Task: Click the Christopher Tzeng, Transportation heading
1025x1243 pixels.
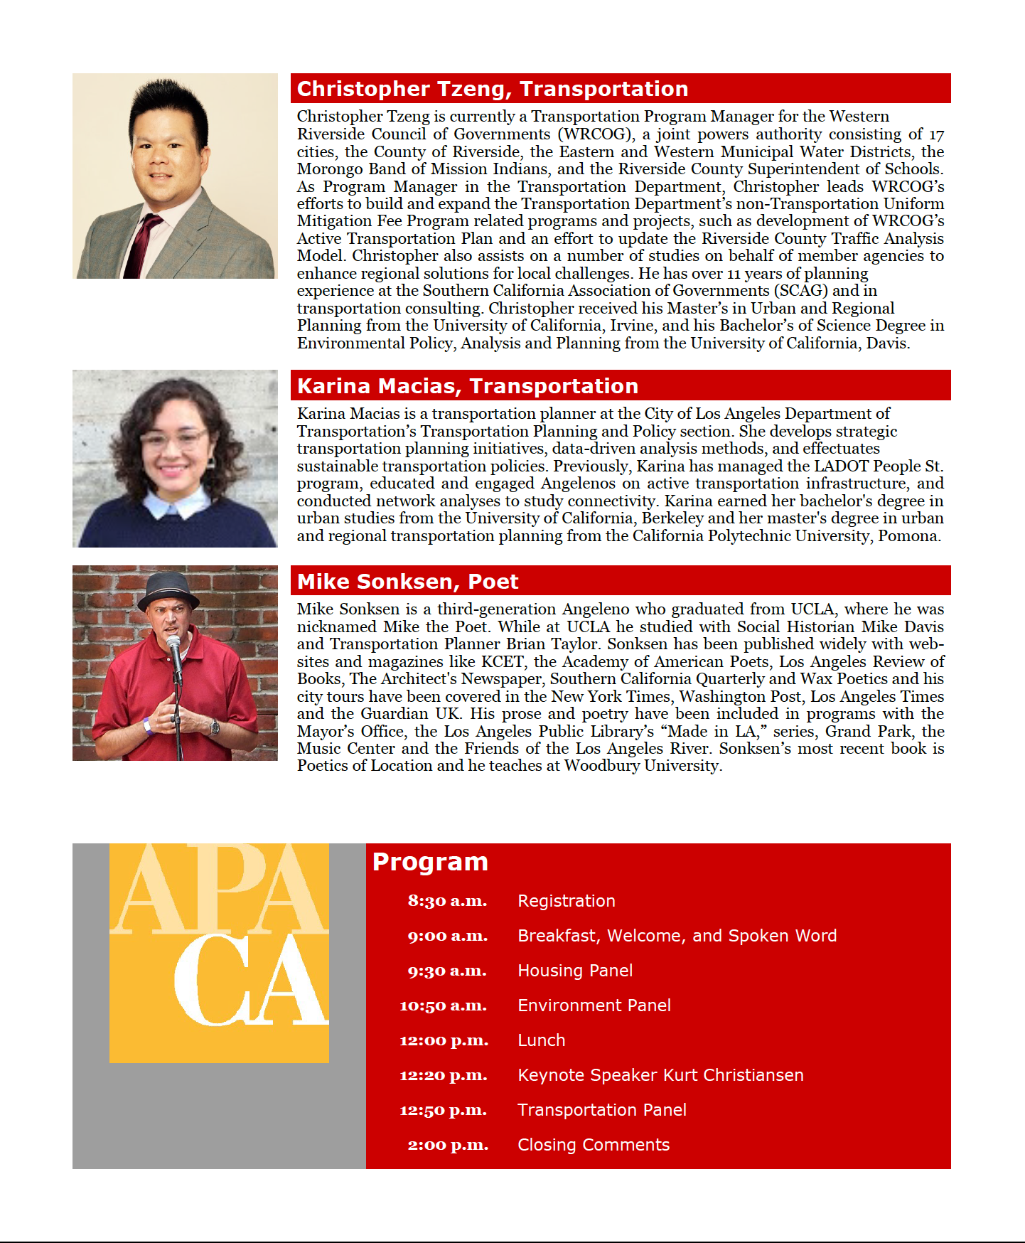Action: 492,89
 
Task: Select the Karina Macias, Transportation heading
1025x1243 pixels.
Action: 467,386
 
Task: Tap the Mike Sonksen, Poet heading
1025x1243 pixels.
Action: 407,582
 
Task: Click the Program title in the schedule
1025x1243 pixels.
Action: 430,862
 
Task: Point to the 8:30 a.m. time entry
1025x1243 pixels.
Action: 447,901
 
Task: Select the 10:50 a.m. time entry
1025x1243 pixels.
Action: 443,1005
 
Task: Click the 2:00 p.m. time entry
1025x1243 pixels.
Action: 448,1145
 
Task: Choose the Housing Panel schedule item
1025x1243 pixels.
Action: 574,971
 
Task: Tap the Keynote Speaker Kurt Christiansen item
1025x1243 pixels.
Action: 660,1075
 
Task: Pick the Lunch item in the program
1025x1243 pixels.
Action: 541,1040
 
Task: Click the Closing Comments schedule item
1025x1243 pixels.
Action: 593,1145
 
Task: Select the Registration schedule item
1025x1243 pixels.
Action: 566,901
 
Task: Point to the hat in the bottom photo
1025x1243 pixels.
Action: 168,590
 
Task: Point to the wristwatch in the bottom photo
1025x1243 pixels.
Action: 214,727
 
